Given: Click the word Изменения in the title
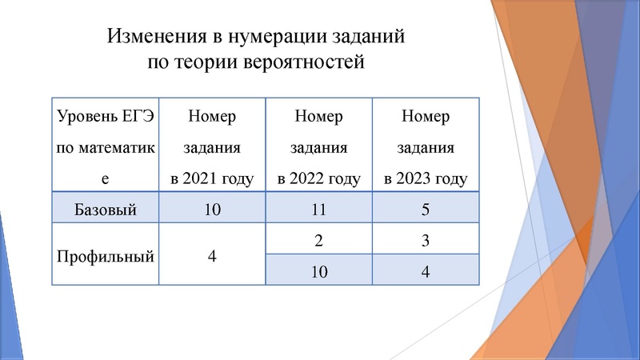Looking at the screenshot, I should click(x=153, y=36).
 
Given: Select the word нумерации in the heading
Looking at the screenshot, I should click(x=276, y=36).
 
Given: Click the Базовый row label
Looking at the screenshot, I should click(x=105, y=210).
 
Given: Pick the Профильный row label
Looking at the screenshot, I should click(x=105, y=257).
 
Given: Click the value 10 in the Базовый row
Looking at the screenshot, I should click(x=212, y=210).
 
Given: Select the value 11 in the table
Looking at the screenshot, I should click(x=319, y=210).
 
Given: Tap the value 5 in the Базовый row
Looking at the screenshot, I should click(x=426, y=210).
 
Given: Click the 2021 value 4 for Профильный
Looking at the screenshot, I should click(x=212, y=257).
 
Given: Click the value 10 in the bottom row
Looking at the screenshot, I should click(x=319, y=272).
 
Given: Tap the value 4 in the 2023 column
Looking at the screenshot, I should click(x=426, y=272).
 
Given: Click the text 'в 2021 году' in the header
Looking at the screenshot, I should click(x=212, y=178).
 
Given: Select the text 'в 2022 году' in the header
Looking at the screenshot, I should click(x=319, y=178).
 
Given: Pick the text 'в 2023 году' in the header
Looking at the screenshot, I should click(x=426, y=178).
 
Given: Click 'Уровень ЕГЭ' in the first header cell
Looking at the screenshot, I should click(x=105, y=117).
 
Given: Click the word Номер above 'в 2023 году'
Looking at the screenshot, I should click(x=426, y=117).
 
